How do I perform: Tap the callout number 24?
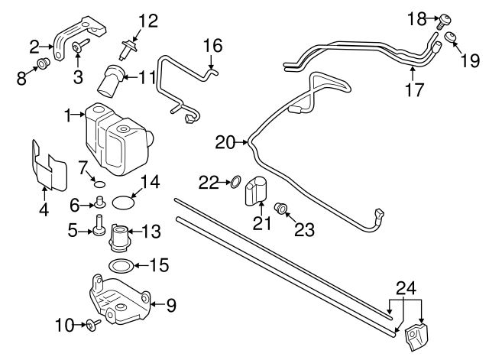(x=406, y=290)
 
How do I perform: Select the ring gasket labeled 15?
(x=119, y=266)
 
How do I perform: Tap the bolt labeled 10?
(x=91, y=325)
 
